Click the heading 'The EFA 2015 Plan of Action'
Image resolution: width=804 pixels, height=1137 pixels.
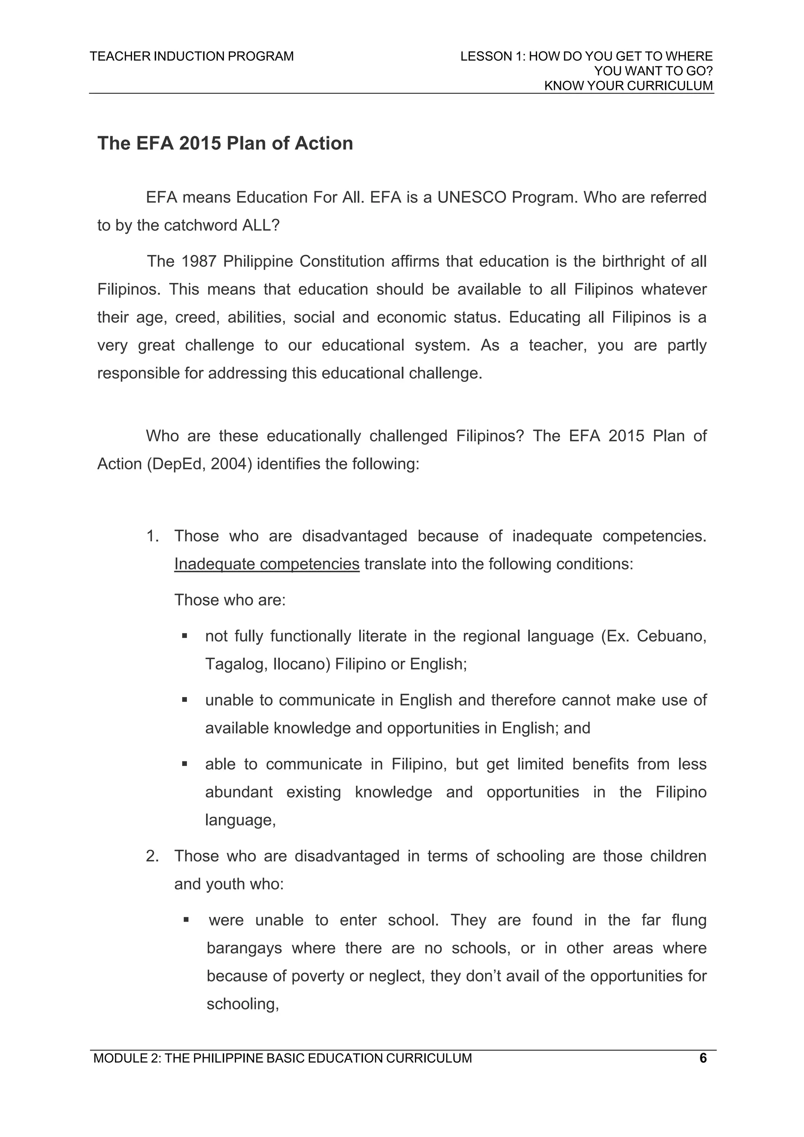pyautogui.click(x=225, y=143)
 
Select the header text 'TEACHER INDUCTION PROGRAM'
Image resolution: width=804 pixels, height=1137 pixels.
pyautogui.click(x=192, y=57)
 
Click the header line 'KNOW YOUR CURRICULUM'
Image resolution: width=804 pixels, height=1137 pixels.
pyautogui.click(x=628, y=86)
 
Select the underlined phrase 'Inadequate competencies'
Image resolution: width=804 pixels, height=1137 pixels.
pyautogui.click(x=267, y=564)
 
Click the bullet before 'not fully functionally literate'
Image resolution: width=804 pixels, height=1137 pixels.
pyautogui.click(x=184, y=635)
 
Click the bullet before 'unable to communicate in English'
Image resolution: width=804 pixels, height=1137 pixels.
pyautogui.click(x=184, y=700)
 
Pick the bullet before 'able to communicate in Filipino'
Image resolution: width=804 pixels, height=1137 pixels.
pyautogui.click(x=184, y=764)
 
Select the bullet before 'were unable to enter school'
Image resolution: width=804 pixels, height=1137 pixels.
pyautogui.click(x=186, y=920)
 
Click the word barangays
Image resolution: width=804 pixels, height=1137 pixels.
pyautogui.click(x=244, y=948)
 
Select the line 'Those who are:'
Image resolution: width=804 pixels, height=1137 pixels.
pyautogui.click(x=230, y=600)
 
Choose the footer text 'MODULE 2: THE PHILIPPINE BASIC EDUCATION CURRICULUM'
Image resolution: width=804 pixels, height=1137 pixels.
pyautogui.click(x=282, y=1058)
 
